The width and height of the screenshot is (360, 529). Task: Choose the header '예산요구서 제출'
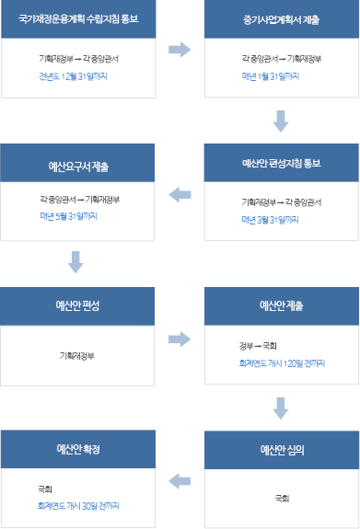pos(77,167)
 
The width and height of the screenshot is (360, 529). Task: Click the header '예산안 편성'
pos(77,305)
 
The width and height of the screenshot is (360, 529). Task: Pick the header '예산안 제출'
pos(282,305)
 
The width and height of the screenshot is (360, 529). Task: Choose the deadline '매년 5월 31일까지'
pos(69,216)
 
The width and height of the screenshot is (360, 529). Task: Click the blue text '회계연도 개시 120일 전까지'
pos(282,363)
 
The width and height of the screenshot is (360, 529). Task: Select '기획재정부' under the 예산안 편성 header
pos(77,355)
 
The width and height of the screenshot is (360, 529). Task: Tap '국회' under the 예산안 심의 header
pos(282,498)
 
